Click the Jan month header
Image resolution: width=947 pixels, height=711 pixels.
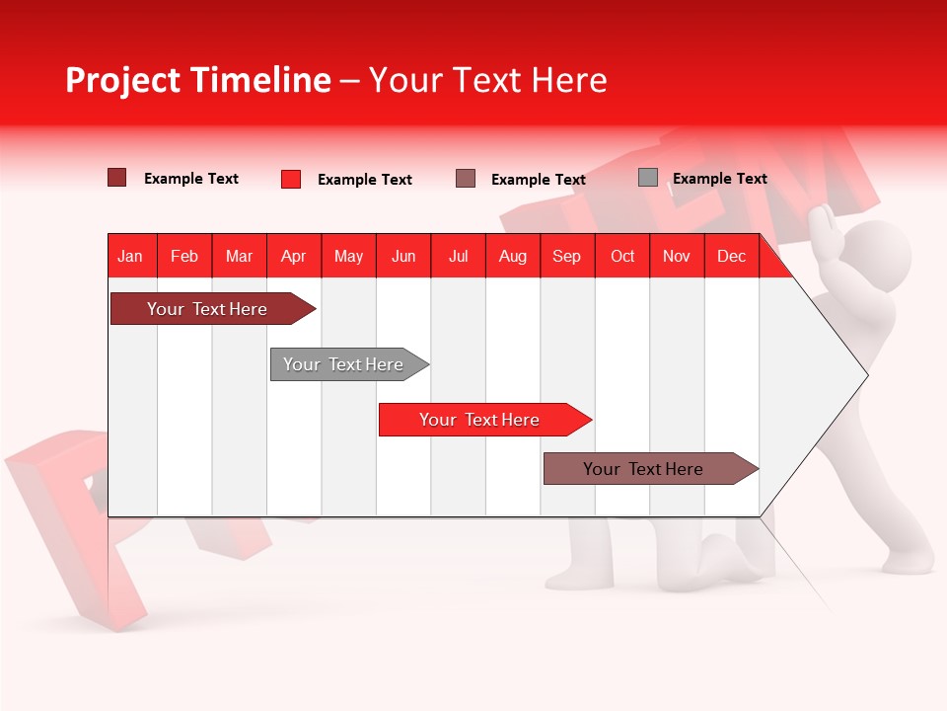point(130,256)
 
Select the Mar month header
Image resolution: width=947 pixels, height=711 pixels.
point(239,256)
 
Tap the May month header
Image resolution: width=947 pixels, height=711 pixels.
point(348,256)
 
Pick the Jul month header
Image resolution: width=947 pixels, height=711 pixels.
point(458,256)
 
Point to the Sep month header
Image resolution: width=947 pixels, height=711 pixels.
point(566,256)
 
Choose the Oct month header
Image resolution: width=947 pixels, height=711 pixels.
point(622,256)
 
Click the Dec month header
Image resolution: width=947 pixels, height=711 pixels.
point(731,256)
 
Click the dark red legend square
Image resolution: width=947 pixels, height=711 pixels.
point(117,178)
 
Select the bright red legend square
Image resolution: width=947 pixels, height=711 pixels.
point(291,179)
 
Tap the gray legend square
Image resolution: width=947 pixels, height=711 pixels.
point(648,178)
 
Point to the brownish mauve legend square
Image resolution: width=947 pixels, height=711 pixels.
point(466,179)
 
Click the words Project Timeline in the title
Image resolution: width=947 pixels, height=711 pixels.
point(197,80)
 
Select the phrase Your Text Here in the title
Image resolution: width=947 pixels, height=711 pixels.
point(487,80)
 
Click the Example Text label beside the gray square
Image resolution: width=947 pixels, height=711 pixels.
point(719,179)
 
